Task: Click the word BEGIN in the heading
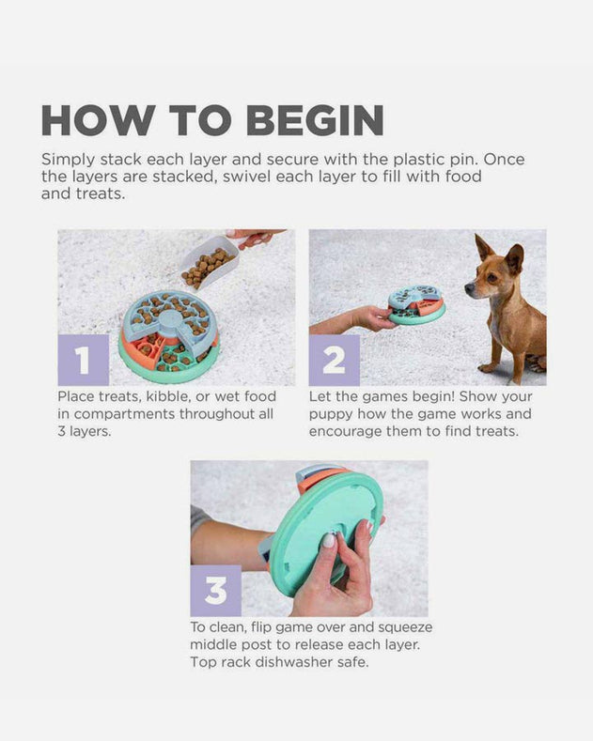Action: click(315, 120)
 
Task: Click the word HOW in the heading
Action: click(98, 120)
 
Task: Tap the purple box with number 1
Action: click(84, 360)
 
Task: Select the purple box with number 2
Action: click(335, 360)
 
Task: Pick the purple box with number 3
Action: click(215, 591)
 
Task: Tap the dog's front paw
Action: click(488, 367)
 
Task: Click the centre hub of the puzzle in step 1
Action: click(169, 320)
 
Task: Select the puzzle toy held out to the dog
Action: click(416, 305)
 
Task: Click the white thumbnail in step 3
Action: click(329, 540)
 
